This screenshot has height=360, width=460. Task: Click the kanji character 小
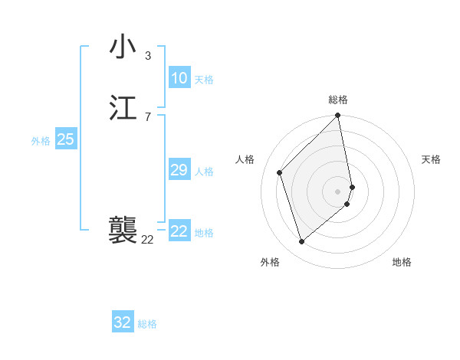(123, 47)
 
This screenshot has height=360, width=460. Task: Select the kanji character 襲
(123, 229)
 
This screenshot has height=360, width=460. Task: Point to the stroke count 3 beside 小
(147, 55)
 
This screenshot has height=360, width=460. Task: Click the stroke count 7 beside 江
(147, 116)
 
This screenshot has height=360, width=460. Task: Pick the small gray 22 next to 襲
(147, 239)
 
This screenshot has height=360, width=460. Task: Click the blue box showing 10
(179, 77)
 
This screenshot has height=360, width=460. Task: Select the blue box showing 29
(179, 170)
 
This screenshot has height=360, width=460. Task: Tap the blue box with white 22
(179, 231)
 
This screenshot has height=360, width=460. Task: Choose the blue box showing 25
(65, 139)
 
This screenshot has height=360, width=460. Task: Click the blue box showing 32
(123, 322)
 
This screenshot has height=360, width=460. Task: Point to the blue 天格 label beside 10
(204, 80)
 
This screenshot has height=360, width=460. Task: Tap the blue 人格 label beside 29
(204, 172)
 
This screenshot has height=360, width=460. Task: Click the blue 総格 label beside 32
(147, 324)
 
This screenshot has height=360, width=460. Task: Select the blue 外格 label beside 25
(41, 141)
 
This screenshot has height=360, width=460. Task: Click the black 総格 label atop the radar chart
(338, 100)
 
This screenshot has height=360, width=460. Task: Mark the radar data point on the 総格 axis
(338, 116)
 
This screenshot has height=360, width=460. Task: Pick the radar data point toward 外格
(302, 242)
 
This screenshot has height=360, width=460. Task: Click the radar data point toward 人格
(280, 172)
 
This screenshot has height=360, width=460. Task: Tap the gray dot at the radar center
(338, 191)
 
